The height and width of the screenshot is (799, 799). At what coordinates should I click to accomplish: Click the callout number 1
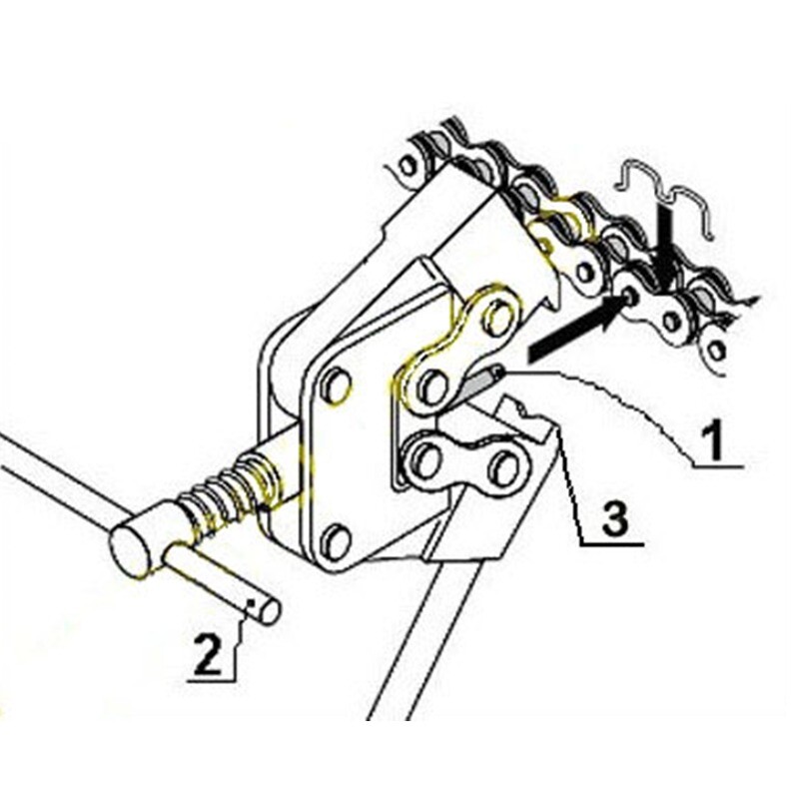click(x=712, y=439)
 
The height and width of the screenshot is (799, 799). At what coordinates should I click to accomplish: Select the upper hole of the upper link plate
click(x=496, y=317)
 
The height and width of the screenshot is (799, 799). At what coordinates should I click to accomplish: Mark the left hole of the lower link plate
click(x=426, y=460)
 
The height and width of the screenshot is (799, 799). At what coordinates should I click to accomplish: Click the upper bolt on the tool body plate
click(x=336, y=385)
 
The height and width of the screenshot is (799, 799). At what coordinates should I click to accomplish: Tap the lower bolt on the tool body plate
click(x=336, y=541)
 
